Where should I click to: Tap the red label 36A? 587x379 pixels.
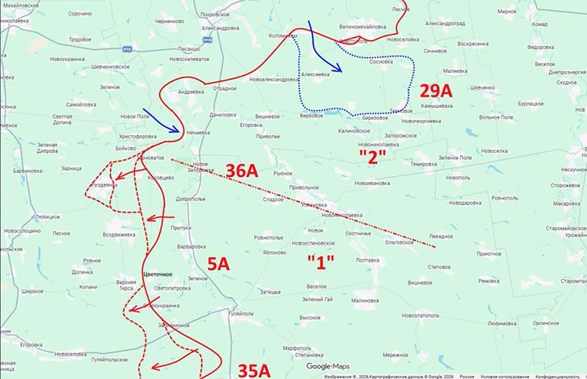[242, 170]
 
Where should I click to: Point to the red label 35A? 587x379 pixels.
[259, 369]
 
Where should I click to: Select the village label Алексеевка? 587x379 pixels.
[316, 74]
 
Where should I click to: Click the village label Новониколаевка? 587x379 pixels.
[384, 146]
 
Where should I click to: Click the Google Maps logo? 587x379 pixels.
[329, 367]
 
